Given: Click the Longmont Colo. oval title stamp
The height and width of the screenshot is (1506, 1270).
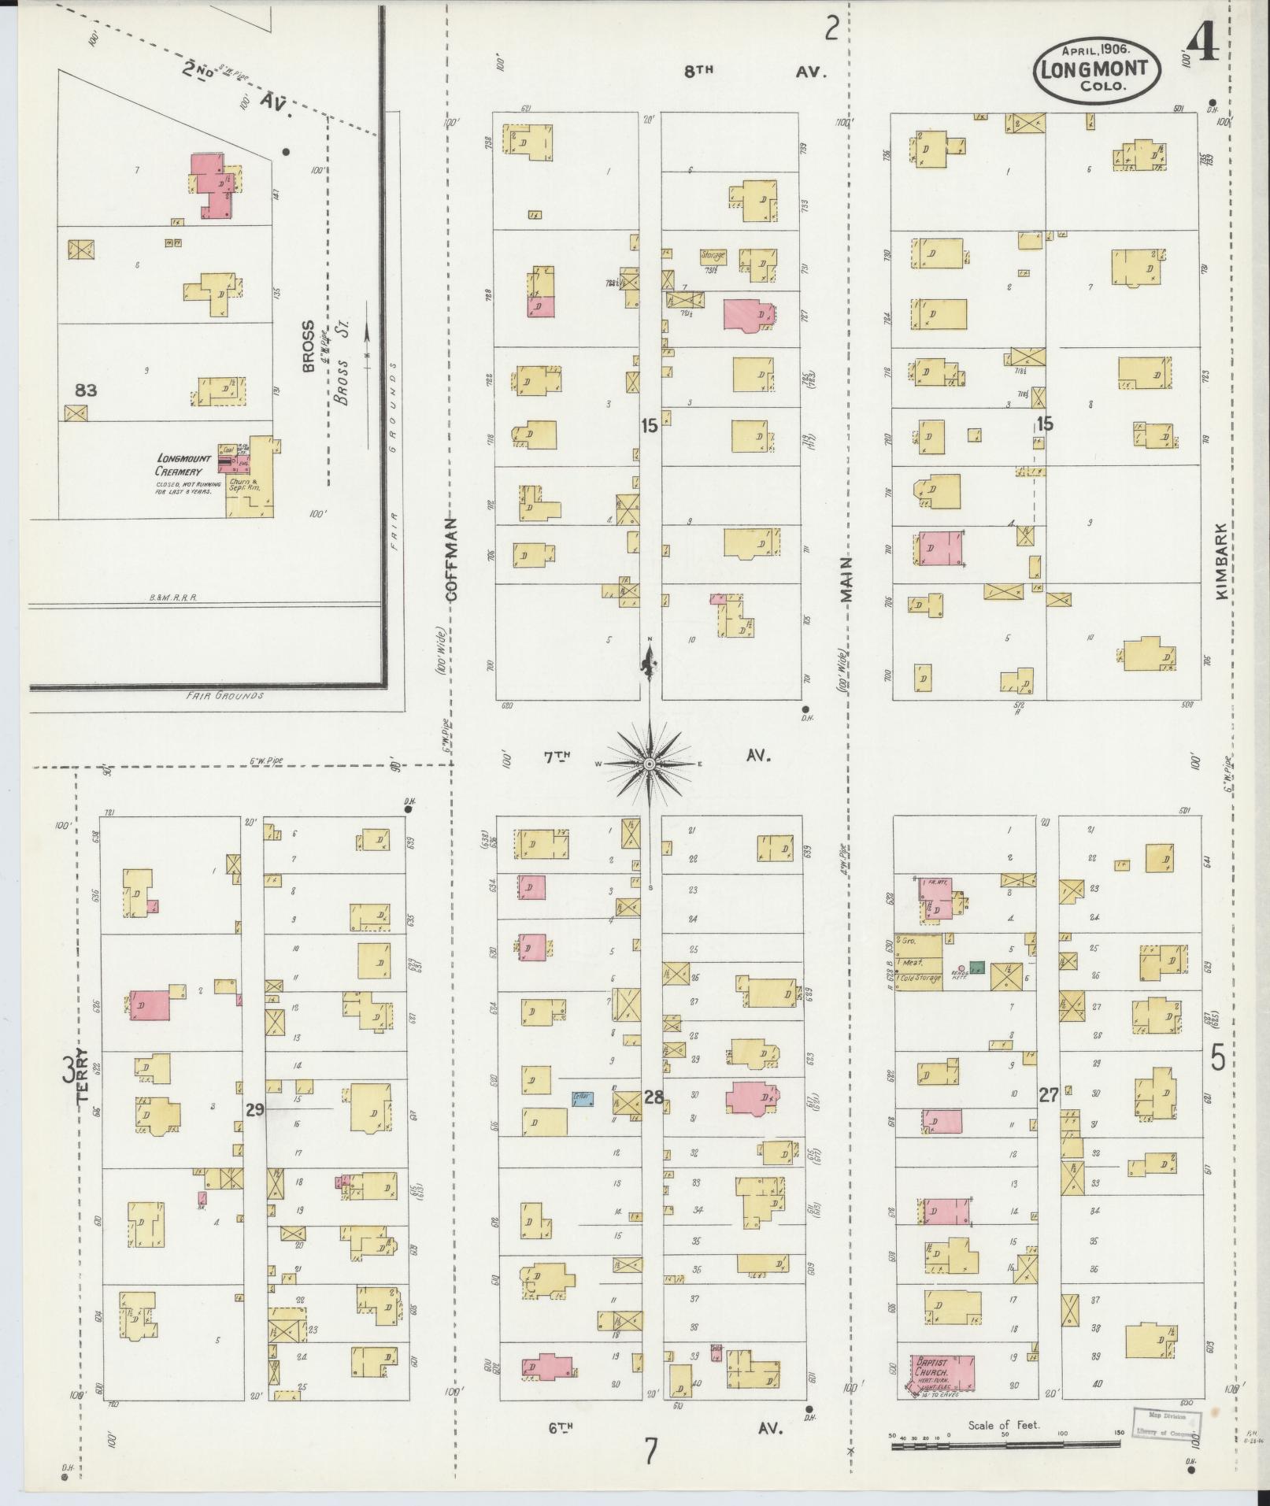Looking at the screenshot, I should click(1095, 69).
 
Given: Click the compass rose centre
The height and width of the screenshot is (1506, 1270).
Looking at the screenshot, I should click(649, 764).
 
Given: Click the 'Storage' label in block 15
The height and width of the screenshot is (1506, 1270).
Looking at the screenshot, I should click(713, 255).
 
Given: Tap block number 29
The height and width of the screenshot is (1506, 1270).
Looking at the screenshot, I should click(254, 1110).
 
